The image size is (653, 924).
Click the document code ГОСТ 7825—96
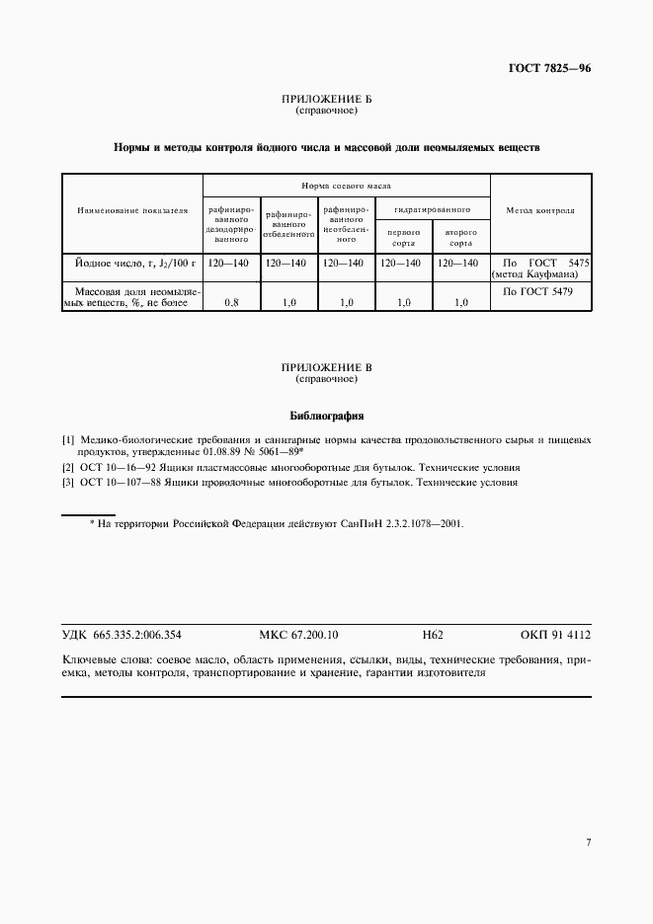(549, 69)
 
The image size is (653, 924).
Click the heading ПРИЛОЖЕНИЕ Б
(326, 100)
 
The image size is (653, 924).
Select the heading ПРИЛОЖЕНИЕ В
(326, 367)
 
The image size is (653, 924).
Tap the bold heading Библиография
(326, 415)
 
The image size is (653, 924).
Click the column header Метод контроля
(540, 210)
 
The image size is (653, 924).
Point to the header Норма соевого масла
(347, 186)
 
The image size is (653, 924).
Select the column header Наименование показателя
(132, 210)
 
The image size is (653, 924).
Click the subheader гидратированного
(433, 209)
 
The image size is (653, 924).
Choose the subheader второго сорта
(460, 237)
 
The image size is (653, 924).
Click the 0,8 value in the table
(231, 303)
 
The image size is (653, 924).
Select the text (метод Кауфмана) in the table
(540, 274)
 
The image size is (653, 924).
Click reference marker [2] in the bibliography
(68, 467)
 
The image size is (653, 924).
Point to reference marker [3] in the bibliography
(68, 483)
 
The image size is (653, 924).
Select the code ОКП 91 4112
(554, 636)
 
